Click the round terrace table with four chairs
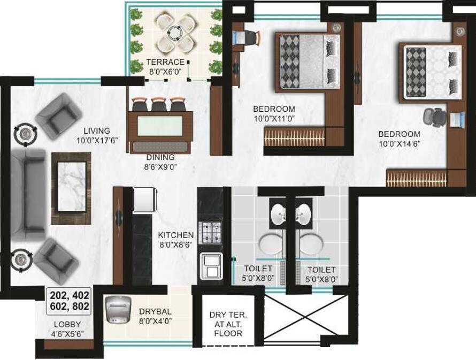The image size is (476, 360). pyautogui.click(x=175, y=32)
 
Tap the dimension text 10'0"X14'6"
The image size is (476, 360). pyautogui.click(x=399, y=144)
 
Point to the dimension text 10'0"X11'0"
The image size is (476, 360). pyautogui.click(x=274, y=119)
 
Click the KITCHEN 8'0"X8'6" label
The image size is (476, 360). pyautogui.click(x=175, y=239)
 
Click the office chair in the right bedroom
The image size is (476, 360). pyautogui.click(x=434, y=117)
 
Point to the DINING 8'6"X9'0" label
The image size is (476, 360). pyautogui.click(x=160, y=162)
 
